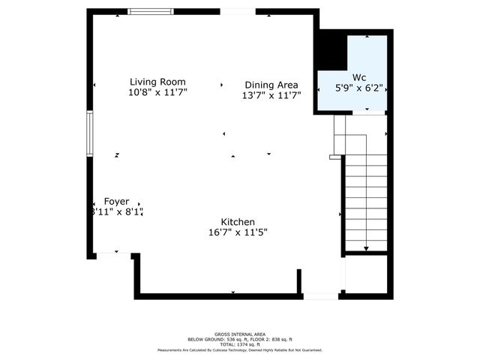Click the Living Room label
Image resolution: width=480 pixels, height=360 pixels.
(x=157, y=82)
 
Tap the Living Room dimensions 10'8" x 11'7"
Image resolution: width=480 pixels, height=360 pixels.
(x=157, y=92)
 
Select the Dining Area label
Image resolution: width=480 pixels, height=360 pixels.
(x=271, y=85)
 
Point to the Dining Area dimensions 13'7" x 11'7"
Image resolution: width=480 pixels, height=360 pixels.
(x=271, y=95)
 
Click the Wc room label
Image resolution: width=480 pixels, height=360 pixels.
(x=359, y=77)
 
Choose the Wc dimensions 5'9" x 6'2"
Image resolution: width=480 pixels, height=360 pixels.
(x=359, y=88)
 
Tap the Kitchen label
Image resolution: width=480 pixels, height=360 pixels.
(x=238, y=222)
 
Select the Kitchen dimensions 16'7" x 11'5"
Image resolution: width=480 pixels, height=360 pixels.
(x=238, y=232)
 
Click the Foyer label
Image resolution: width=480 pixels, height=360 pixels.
(x=116, y=202)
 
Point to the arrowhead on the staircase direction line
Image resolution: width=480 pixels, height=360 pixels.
(x=366, y=249)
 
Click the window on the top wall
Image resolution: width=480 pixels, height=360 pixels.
(x=151, y=11)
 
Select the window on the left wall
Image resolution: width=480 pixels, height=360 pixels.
(x=89, y=133)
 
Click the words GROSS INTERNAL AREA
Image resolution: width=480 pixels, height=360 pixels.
(x=239, y=334)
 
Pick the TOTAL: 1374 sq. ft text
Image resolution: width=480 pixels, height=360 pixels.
(x=239, y=344)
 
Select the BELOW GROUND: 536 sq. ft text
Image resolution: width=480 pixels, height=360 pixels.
(x=214, y=340)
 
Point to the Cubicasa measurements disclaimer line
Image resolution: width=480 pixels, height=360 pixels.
(x=239, y=350)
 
